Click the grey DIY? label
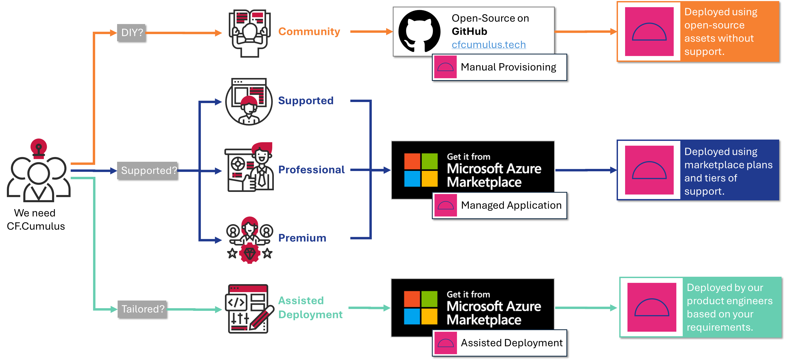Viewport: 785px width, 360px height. tap(132, 33)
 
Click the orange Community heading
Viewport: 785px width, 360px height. tap(309, 32)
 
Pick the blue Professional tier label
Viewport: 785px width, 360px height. tap(311, 170)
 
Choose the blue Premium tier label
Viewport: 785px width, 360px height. tap(302, 238)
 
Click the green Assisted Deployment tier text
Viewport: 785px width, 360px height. tap(310, 307)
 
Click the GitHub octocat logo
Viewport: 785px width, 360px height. tap(419, 31)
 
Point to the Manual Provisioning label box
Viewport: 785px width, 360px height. tap(500, 67)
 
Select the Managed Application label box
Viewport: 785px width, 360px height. tap(500, 205)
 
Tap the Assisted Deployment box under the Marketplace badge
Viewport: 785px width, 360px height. tap(500, 343)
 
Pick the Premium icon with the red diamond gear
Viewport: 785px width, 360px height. tap(250, 240)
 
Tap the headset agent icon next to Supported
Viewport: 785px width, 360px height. tap(249, 101)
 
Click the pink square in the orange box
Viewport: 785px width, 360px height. tap(649, 32)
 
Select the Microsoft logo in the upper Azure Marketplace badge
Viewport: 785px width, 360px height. tap(421, 170)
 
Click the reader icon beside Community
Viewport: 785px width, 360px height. tap(250, 33)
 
